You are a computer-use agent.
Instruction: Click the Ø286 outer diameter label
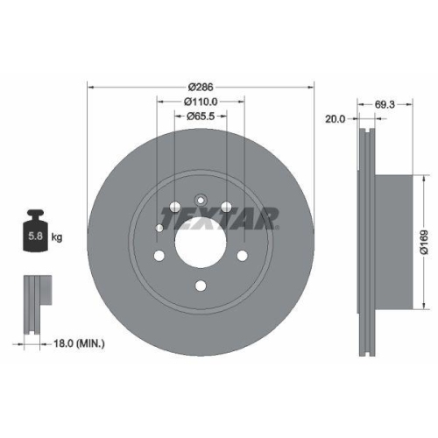(x=201, y=87)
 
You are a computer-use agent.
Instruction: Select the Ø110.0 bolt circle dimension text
(x=201, y=102)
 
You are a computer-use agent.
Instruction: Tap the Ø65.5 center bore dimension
(x=201, y=117)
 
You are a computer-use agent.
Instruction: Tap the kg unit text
(x=56, y=237)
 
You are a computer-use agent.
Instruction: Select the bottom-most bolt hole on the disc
(x=201, y=285)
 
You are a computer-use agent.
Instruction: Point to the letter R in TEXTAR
(x=267, y=217)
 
